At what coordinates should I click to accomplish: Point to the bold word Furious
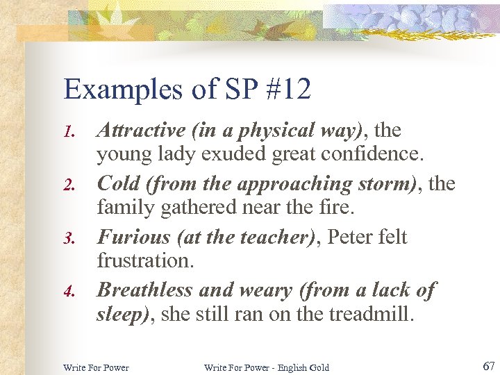(x=133, y=237)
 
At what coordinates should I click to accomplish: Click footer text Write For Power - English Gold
(x=266, y=367)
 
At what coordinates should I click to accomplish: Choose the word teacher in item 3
(x=271, y=237)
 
